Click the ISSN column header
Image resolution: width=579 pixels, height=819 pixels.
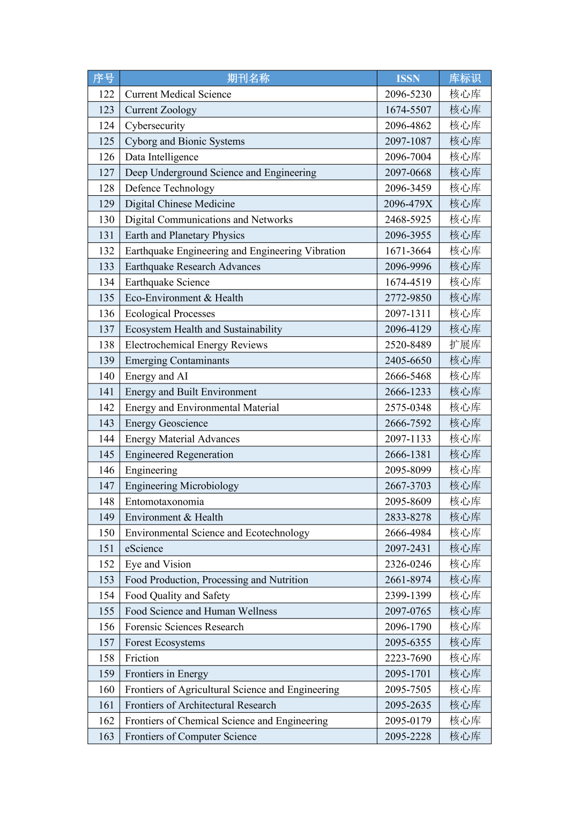coord(408,78)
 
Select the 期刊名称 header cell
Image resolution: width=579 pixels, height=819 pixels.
coord(248,78)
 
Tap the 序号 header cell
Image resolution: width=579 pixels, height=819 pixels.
coord(103,78)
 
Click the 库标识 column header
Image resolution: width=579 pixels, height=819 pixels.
coord(465,78)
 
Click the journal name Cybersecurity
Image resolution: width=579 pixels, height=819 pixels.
coord(155,126)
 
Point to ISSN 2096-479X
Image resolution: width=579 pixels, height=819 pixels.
coord(408,204)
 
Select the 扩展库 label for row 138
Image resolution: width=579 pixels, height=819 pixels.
coord(465,345)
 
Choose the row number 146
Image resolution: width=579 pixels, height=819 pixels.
coord(107,470)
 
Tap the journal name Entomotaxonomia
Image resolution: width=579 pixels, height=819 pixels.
coord(165,501)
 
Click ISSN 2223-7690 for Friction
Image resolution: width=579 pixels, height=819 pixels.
coord(408,658)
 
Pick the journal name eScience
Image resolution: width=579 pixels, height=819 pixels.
coord(144,549)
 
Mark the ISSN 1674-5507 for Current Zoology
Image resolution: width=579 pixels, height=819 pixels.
coord(408,110)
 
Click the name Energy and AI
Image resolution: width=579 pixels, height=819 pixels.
coord(157,377)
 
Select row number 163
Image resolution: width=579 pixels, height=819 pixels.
coord(107,736)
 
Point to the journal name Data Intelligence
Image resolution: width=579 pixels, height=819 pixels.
coord(162,157)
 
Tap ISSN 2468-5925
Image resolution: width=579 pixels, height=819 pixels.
coord(408,219)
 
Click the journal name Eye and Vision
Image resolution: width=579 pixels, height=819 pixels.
coord(158,564)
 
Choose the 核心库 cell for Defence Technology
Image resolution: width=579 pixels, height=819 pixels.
coord(465,188)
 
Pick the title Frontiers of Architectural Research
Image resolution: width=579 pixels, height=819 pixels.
coord(201,705)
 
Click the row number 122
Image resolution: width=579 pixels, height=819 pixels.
coord(107,94)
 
